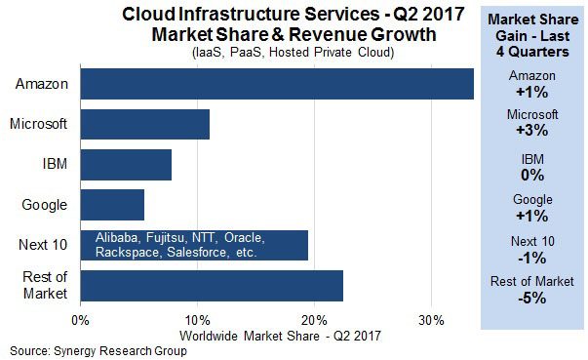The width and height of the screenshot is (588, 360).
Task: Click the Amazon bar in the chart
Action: click(277, 84)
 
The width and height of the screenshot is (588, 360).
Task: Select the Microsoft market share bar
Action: click(145, 125)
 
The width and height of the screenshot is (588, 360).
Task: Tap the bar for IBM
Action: click(126, 165)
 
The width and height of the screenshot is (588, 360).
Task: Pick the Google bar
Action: click(112, 205)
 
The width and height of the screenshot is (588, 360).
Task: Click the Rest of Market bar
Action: click(212, 286)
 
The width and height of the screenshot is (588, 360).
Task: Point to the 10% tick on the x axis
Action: click(198, 321)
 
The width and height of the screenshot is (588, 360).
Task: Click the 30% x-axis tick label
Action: click(432, 321)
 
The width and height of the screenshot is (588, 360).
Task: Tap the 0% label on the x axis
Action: click(80, 321)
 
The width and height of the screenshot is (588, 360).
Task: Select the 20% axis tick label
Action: click(315, 321)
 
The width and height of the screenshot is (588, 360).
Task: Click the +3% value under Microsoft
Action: click(532, 130)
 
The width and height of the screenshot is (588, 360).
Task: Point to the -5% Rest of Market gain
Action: click(532, 299)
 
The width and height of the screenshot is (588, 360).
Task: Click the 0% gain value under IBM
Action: click(532, 176)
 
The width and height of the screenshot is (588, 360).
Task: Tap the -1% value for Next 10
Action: click(532, 258)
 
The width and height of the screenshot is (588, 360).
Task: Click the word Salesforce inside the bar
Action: click(198, 252)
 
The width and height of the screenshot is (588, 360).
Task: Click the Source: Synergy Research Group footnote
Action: click(98, 351)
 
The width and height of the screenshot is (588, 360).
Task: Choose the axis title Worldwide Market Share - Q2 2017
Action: click(280, 336)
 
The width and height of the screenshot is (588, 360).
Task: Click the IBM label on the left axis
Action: click(55, 164)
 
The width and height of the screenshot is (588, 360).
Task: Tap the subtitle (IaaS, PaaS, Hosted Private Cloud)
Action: click(294, 52)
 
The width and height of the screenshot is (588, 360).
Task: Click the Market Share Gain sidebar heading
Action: click(532, 36)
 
